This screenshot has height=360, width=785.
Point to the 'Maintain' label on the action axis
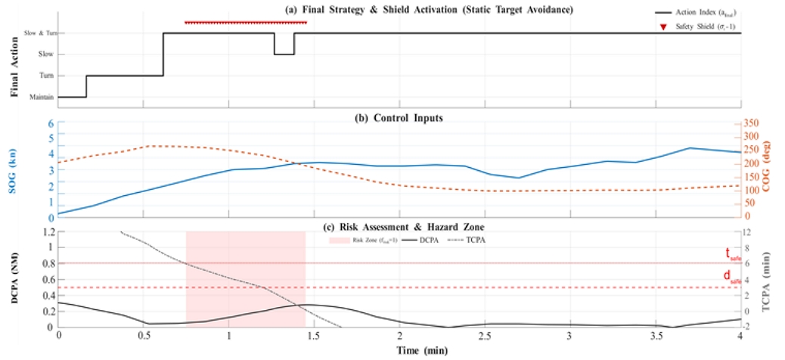(x=42, y=97)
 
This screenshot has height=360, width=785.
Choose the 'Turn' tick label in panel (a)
(x=46, y=76)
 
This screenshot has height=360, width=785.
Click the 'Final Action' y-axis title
(x=14, y=65)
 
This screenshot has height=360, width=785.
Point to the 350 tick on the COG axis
(x=754, y=124)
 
